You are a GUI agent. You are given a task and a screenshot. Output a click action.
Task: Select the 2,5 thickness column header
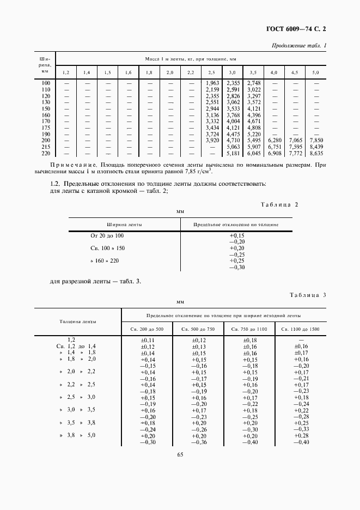click(211, 72)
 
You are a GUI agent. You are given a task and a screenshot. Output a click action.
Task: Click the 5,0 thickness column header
click(315, 72)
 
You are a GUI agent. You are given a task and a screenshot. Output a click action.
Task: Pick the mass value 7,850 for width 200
click(316, 140)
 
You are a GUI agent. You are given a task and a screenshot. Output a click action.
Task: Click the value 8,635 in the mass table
click(316, 154)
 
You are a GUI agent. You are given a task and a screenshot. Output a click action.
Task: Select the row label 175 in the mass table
click(46, 127)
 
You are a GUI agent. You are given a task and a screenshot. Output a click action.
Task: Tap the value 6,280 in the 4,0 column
click(274, 140)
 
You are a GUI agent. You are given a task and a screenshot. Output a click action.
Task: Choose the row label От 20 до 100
click(107, 235)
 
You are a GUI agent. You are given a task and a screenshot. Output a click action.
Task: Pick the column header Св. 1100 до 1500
click(301, 330)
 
